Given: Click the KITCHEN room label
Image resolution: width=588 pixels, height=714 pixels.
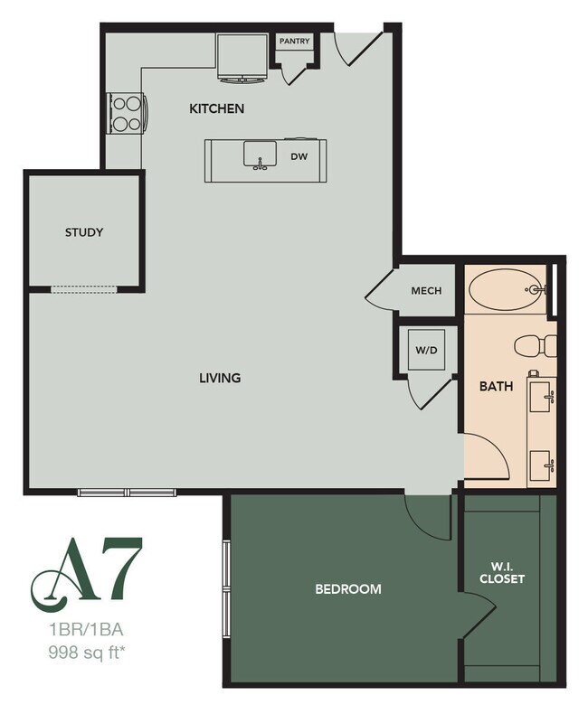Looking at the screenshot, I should (216, 109).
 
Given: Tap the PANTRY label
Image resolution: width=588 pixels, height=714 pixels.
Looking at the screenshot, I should (294, 42).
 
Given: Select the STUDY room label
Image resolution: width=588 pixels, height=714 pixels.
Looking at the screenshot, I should (84, 232).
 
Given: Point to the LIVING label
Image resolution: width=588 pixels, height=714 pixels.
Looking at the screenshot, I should (220, 378).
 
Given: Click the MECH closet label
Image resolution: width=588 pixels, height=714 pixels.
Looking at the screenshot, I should (425, 291).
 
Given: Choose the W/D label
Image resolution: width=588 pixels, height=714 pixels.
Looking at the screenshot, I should (425, 350).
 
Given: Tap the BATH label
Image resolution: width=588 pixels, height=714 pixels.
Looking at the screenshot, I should (496, 387).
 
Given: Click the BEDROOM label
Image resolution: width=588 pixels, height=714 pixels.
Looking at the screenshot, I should (347, 588).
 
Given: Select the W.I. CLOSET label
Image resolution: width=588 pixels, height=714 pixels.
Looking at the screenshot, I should (502, 573).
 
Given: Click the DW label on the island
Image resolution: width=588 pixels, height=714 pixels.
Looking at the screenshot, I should (300, 156).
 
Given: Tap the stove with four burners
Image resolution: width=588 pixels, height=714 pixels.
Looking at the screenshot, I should (127, 114).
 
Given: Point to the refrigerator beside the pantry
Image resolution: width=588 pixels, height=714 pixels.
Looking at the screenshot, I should (243, 57).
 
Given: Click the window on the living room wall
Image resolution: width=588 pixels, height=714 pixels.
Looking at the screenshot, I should (127, 493).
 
